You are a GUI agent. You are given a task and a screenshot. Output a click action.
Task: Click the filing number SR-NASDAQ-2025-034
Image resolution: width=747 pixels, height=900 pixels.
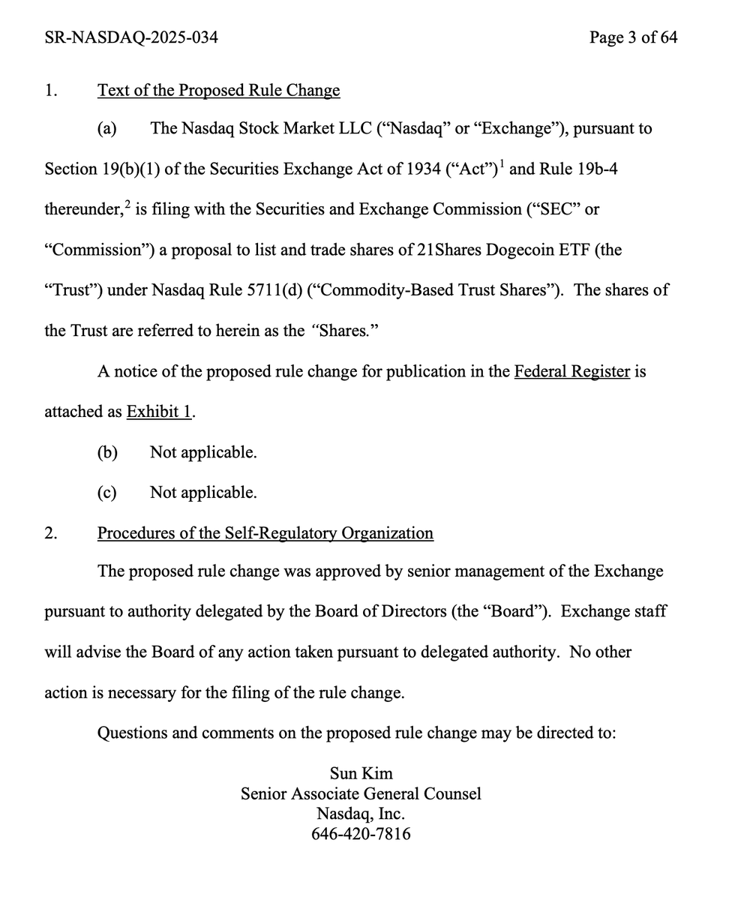pos(131,37)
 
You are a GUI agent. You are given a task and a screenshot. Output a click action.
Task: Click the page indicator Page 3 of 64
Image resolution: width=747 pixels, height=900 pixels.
pos(633,37)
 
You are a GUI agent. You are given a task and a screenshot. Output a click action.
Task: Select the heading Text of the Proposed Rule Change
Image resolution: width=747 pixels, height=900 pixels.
pos(218,91)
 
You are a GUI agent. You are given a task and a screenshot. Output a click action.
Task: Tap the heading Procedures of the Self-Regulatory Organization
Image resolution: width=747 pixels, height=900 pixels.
pos(265,533)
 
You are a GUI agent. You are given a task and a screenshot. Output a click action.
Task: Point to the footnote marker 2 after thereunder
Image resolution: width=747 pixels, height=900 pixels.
pos(127,204)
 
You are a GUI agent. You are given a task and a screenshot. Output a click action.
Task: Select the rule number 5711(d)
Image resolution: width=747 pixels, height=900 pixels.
pos(273,290)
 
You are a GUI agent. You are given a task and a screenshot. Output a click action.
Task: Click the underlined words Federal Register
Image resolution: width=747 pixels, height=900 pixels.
pos(571,371)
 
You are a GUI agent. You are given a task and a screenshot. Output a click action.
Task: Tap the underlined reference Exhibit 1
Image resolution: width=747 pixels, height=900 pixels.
pos(160,412)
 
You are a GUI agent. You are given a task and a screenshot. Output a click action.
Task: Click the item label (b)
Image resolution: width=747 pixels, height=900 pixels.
pos(107,452)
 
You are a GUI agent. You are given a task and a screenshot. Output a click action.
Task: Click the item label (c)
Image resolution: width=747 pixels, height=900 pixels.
pos(107,493)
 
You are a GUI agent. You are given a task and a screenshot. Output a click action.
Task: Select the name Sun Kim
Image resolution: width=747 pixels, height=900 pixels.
pos(361,773)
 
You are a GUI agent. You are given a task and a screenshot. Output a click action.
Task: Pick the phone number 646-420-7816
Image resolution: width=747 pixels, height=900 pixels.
pos(361,834)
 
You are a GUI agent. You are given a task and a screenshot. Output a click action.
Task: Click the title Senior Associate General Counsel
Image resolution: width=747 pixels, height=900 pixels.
pos(361,793)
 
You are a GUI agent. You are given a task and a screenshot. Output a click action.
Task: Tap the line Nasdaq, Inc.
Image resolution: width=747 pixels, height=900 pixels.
pos(361,814)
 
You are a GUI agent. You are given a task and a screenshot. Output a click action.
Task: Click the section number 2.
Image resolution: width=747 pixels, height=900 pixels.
pos(51,533)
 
